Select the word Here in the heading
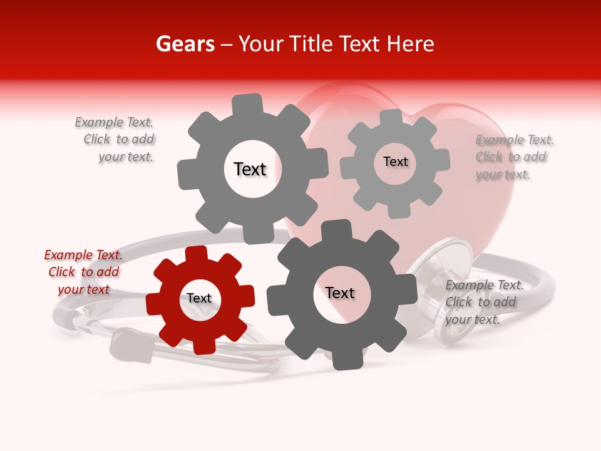pos(410,44)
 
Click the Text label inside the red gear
pos(199,298)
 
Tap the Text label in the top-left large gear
pos(250,169)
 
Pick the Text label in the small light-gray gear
pos(396,162)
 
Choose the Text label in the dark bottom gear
pos(340,293)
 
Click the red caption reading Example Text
pos(83,255)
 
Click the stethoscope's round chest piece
pos(451,288)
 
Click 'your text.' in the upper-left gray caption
pos(126,157)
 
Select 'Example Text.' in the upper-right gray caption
pos(515,140)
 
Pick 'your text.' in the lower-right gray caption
pos(473,319)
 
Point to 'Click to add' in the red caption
pos(83,272)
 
